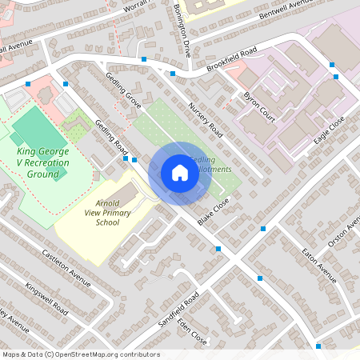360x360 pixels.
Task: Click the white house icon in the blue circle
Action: [x=180, y=173]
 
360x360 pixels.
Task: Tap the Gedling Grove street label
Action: [x=123, y=90]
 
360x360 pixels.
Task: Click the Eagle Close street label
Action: [x=329, y=129]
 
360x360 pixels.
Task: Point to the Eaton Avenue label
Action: [x=318, y=264]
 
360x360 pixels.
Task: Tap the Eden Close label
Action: [x=194, y=329]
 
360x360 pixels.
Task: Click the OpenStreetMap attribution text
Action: [x=80, y=354]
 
